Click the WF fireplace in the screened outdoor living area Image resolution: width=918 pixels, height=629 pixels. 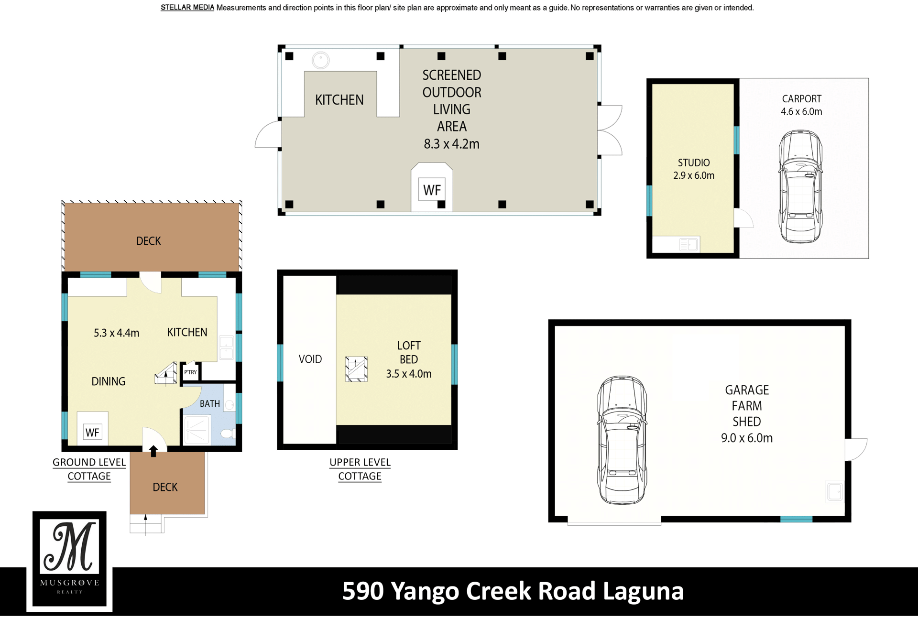pyautogui.click(x=432, y=190)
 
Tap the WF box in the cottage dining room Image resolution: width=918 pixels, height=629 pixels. pyautogui.click(x=92, y=433)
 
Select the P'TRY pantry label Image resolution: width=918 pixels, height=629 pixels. pyautogui.click(x=190, y=372)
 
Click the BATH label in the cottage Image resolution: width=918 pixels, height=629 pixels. pyautogui.click(x=210, y=403)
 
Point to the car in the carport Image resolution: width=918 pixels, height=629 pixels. pyautogui.click(x=800, y=186)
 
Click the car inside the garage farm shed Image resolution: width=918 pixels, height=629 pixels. pyautogui.click(x=622, y=440)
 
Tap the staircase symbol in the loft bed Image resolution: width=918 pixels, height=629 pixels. pyautogui.click(x=356, y=369)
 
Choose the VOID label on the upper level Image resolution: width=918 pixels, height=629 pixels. pyautogui.click(x=310, y=359)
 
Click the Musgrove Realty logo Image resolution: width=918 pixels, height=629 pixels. pyautogui.click(x=69, y=559)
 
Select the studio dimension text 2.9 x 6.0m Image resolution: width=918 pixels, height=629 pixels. pyautogui.click(x=694, y=175)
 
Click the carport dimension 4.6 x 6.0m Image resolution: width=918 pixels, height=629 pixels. pyautogui.click(x=801, y=111)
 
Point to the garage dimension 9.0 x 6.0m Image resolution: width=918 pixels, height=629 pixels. pyautogui.click(x=747, y=438)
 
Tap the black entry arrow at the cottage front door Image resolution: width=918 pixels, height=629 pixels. pyautogui.click(x=153, y=451)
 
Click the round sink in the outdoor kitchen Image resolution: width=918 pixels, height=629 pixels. pyautogui.click(x=320, y=60)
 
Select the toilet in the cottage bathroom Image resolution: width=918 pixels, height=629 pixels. pyautogui.click(x=228, y=434)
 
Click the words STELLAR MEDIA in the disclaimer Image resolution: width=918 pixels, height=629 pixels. pyautogui.click(x=187, y=8)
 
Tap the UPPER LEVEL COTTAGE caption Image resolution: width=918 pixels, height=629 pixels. pyautogui.click(x=360, y=469)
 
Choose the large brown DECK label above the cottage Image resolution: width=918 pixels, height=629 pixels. pyautogui.click(x=148, y=241)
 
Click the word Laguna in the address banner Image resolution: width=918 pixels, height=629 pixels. pyautogui.click(x=643, y=592)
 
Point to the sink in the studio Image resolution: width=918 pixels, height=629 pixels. pyautogui.click(x=688, y=244)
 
